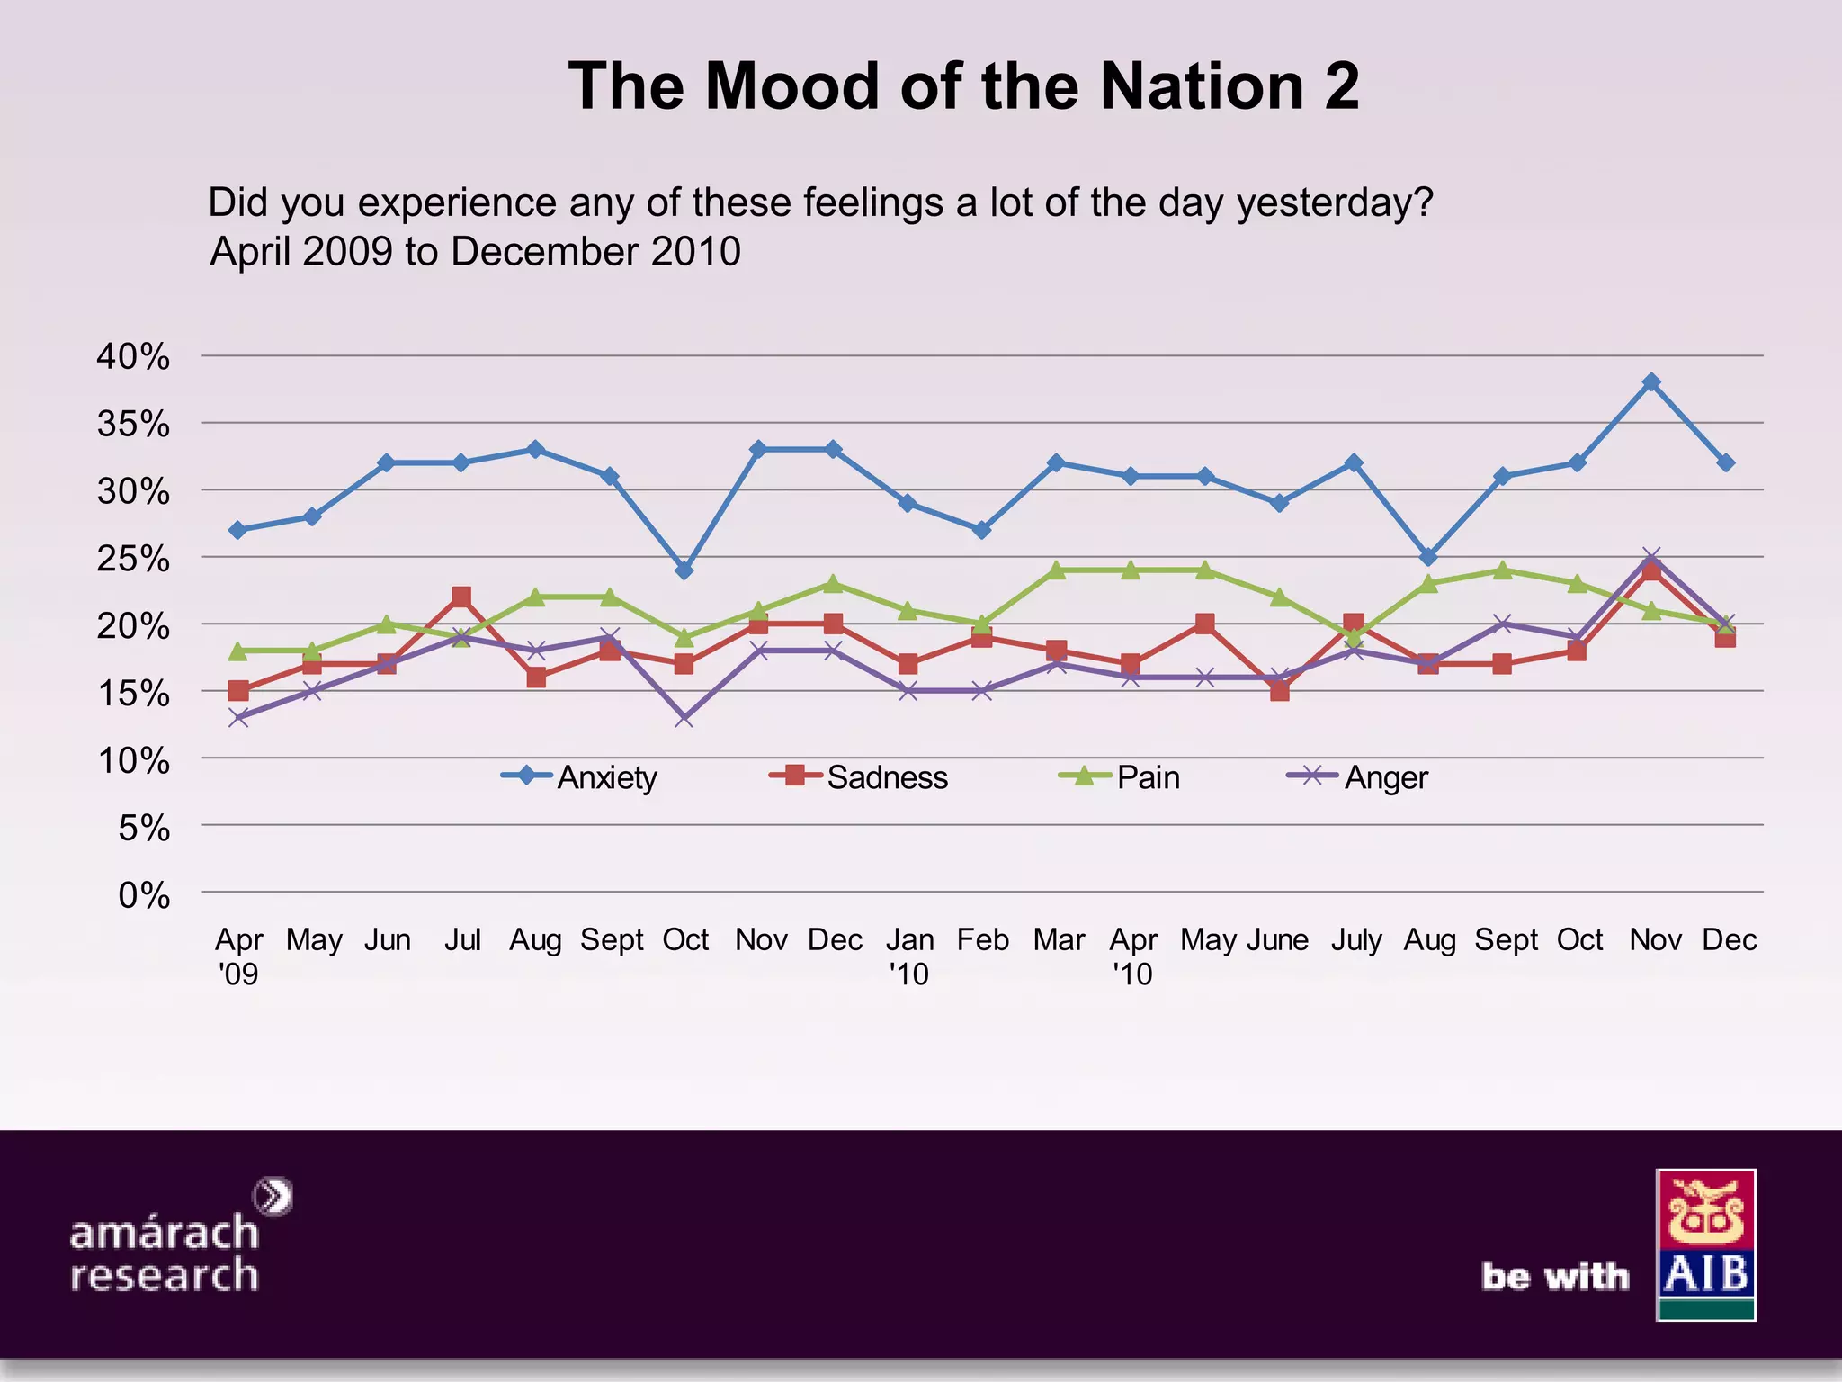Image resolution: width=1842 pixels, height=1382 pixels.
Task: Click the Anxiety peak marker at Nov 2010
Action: click(1651, 382)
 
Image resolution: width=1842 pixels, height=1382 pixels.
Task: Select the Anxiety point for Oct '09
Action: click(684, 570)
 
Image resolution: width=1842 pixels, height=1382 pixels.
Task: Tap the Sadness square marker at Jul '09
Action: click(461, 597)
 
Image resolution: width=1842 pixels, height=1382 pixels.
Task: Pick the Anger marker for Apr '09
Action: click(238, 717)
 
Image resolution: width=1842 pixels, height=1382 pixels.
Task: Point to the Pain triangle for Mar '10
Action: click(1057, 570)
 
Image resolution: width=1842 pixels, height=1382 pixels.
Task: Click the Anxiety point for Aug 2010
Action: click(1428, 557)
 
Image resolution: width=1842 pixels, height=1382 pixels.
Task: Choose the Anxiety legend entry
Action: click(580, 776)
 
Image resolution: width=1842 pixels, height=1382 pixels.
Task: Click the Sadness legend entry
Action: click(859, 776)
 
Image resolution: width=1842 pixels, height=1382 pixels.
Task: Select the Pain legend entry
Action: click(1120, 776)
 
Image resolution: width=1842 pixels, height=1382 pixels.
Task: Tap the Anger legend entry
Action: click(1358, 776)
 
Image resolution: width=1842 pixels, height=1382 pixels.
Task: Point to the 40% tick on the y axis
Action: click(133, 357)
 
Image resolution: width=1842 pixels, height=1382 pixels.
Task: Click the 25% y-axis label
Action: click(133, 559)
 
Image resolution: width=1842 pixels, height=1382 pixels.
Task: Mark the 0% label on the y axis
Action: click(144, 895)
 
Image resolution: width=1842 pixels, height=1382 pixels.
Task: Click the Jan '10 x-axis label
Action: click(909, 956)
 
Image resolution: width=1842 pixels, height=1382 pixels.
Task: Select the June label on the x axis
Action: click(1278, 940)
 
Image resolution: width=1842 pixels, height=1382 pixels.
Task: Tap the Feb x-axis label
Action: click(982, 940)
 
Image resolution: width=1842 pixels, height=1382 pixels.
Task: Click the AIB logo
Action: click(1705, 1244)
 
